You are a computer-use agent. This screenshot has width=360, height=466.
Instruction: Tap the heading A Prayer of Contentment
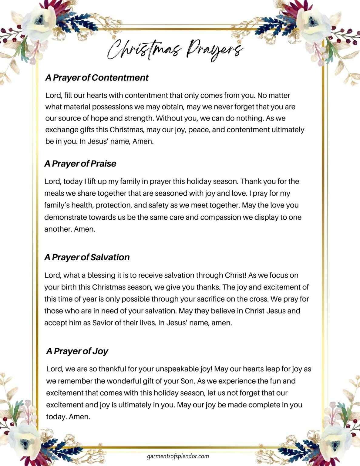(x=97, y=78)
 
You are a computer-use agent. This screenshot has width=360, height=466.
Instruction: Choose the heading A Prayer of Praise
(x=80, y=164)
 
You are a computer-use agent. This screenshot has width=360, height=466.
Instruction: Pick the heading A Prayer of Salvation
(x=87, y=257)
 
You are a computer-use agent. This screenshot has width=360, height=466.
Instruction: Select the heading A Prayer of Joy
(x=77, y=351)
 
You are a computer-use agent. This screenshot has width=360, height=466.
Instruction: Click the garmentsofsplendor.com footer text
(x=178, y=456)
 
